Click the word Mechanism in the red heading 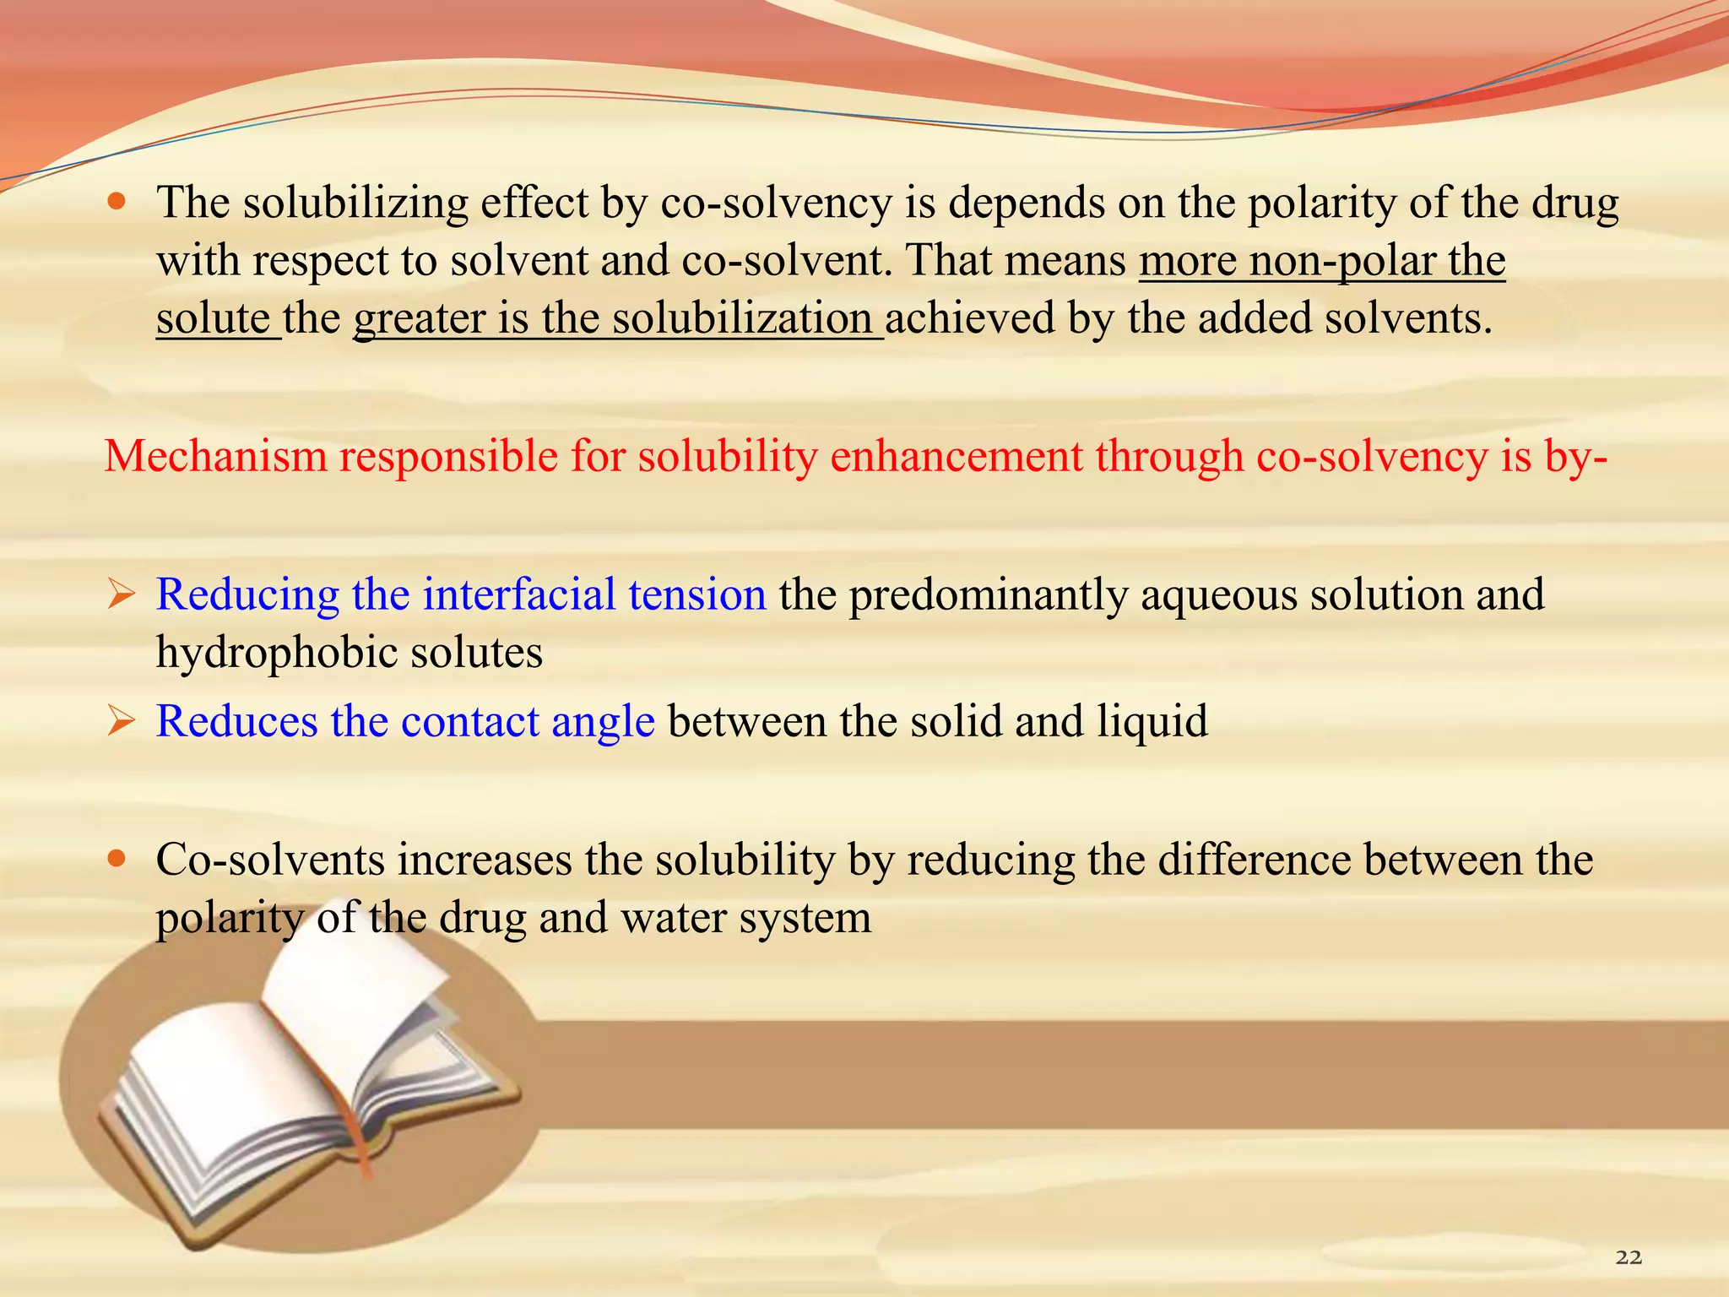tap(216, 457)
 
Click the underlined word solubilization tap(742, 319)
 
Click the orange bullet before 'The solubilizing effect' tap(117, 203)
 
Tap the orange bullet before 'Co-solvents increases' tap(117, 860)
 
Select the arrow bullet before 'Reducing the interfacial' tap(121, 595)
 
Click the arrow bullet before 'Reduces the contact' tap(121, 722)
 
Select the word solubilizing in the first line tap(355, 204)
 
